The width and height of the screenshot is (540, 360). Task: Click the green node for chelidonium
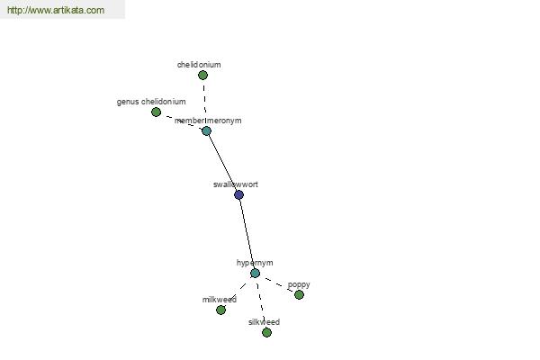(x=202, y=75)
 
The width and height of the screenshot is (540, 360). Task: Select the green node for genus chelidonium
(x=156, y=112)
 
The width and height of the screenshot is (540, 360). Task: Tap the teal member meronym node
(x=206, y=130)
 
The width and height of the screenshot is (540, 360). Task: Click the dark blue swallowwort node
(x=239, y=195)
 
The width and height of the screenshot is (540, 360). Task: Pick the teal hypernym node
(x=255, y=274)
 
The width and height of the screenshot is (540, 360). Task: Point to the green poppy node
(x=299, y=294)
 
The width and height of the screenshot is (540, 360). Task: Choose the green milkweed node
(x=220, y=310)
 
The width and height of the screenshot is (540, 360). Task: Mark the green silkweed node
(x=266, y=332)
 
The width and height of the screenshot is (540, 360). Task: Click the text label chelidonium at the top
(x=199, y=65)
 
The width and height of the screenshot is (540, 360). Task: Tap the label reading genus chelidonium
(x=151, y=102)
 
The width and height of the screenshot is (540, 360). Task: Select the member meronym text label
(x=208, y=121)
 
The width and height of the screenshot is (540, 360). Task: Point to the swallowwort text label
(x=236, y=184)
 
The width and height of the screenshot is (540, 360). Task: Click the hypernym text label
(x=255, y=263)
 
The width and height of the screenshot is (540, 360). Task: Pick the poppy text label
(x=299, y=285)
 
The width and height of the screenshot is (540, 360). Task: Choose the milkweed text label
(x=220, y=300)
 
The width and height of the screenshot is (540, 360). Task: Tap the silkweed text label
(x=264, y=322)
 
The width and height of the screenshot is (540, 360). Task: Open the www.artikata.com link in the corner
(x=56, y=10)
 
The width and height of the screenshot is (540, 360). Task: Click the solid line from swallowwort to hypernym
(x=247, y=234)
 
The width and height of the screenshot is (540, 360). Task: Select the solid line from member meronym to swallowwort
(x=222, y=163)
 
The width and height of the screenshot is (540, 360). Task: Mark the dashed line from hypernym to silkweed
(x=261, y=302)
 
